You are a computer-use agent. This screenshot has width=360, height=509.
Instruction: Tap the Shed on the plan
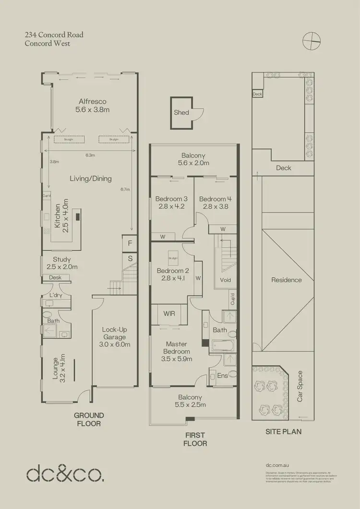tap(181, 113)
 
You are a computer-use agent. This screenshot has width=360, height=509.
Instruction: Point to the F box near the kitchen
tap(130, 243)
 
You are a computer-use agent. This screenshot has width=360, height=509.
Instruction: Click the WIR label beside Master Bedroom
tap(168, 314)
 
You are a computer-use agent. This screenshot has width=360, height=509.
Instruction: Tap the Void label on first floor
tap(225, 280)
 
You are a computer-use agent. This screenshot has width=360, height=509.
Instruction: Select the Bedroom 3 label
tap(171, 203)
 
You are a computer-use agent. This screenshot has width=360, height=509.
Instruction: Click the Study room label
tap(62, 263)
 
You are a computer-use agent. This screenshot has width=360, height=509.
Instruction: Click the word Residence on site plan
tap(287, 280)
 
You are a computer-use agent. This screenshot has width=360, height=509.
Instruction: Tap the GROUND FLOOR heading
tap(88, 419)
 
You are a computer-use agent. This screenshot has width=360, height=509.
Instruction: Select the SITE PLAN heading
tap(283, 432)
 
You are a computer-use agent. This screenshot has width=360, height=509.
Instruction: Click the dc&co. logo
tap(65, 473)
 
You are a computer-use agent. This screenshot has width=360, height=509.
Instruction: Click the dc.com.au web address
tap(276, 464)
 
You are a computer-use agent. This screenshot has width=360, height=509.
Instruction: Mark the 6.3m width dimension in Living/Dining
tap(90, 155)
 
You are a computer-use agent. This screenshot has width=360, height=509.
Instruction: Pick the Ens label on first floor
tap(222, 376)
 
